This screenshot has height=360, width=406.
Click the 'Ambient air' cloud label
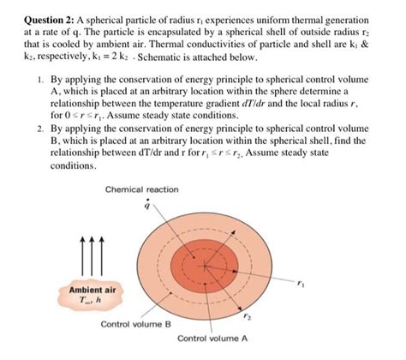pyautogui.click(x=85, y=290)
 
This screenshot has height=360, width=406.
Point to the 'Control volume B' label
pyautogui.click(x=135, y=325)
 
